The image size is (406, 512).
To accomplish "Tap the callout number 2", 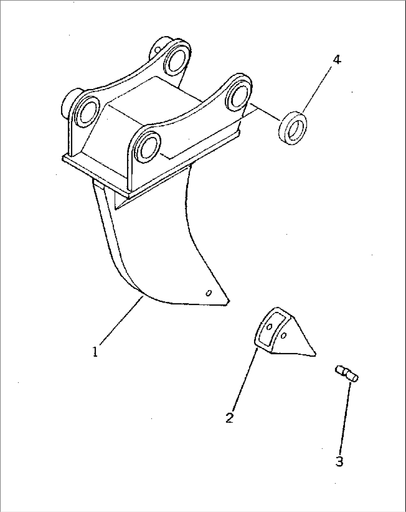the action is pyautogui.click(x=229, y=417).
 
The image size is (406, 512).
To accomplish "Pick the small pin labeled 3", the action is pyautogui.click(x=346, y=376).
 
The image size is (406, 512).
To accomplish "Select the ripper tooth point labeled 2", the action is pyautogui.click(x=285, y=334).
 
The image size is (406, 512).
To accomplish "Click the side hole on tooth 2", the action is pyautogui.click(x=283, y=336).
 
